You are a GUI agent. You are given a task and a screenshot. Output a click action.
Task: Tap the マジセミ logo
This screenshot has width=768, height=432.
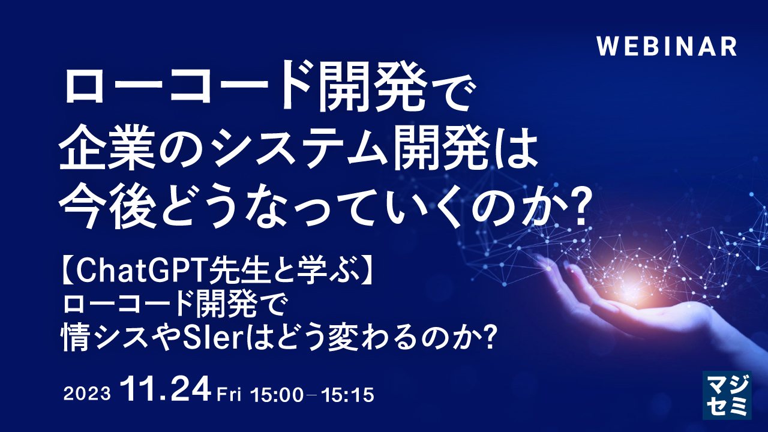pyautogui.click(x=727, y=394)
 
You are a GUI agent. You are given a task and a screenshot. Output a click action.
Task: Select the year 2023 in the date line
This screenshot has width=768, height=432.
pyautogui.click(x=87, y=394)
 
